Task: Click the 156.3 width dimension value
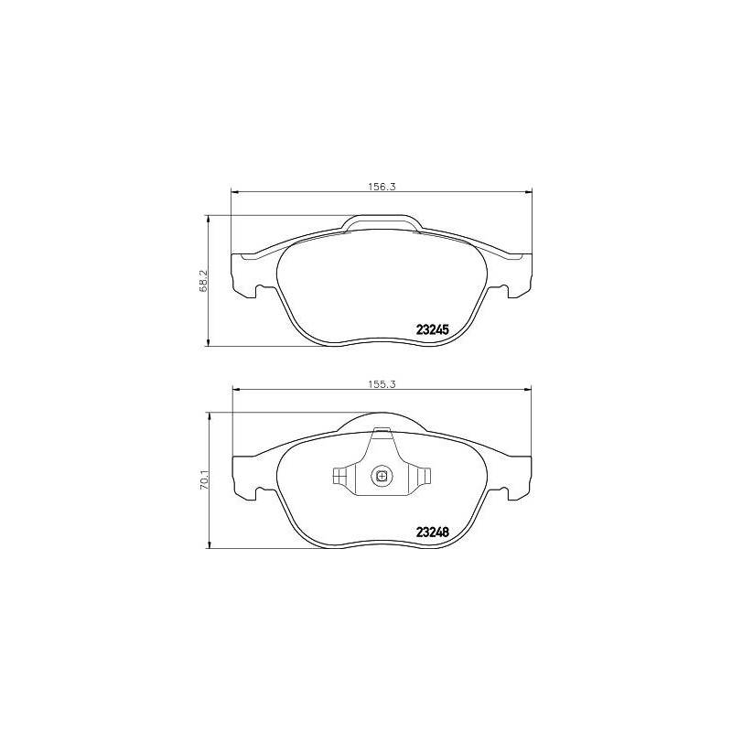pos(382,187)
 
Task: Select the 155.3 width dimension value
pos(382,384)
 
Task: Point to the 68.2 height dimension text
pos(203,281)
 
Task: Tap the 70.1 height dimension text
pos(203,479)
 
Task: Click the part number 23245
pos(432,329)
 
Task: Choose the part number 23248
pos(432,532)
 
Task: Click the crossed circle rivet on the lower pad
pos(382,476)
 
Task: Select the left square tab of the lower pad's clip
pos(339,476)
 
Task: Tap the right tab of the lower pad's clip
pos(424,476)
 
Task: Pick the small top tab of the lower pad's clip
pos(382,429)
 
